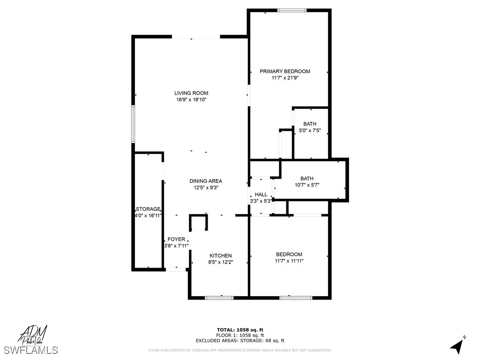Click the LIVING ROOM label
point(191,93)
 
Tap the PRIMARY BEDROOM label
point(285,71)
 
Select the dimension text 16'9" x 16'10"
point(191,100)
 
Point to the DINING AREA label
point(206,181)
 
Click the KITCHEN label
point(220,255)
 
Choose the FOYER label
point(176,240)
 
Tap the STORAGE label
point(148,209)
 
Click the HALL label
point(261,195)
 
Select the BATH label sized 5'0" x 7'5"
point(310,124)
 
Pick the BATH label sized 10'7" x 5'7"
point(307,179)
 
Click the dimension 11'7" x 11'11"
point(289,261)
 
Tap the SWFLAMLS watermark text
point(31,350)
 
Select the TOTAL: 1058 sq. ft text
point(240,330)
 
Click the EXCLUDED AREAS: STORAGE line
point(240,341)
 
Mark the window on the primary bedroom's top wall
point(292,10)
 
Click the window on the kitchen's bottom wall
point(219,297)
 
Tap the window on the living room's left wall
point(133,124)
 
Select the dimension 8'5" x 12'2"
point(220,262)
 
